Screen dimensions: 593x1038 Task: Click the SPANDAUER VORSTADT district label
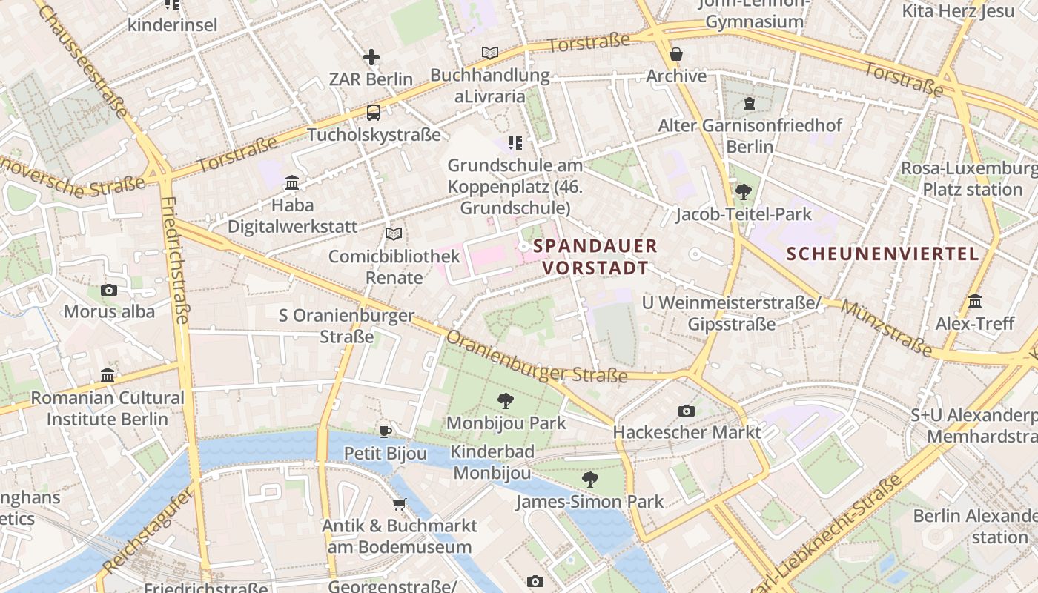pos(595,256)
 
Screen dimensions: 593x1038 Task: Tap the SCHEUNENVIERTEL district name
pos(882,254)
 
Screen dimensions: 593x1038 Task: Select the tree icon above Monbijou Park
pos(506,401)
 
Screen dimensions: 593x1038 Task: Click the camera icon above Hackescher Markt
pos(687,411)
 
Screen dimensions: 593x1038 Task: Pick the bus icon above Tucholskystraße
pos(374,113)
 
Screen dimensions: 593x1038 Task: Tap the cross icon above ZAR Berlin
pos(371,57)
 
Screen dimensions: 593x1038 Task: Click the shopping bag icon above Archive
pos(675,54)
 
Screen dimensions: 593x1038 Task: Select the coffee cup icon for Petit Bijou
pos(385,431)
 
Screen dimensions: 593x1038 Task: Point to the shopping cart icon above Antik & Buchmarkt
pos(399,505)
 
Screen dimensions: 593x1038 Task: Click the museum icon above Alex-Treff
pos(974,302)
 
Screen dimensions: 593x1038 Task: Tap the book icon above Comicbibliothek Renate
pos(394,234)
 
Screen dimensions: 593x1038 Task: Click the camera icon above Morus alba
pos(109,290)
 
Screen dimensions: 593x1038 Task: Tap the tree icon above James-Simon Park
pos(590,480)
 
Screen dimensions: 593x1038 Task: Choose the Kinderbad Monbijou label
pos(492,462)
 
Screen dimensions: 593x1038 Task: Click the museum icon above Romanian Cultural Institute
pos(108,376)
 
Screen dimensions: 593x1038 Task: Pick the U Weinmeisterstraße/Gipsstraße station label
pos(732,314)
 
